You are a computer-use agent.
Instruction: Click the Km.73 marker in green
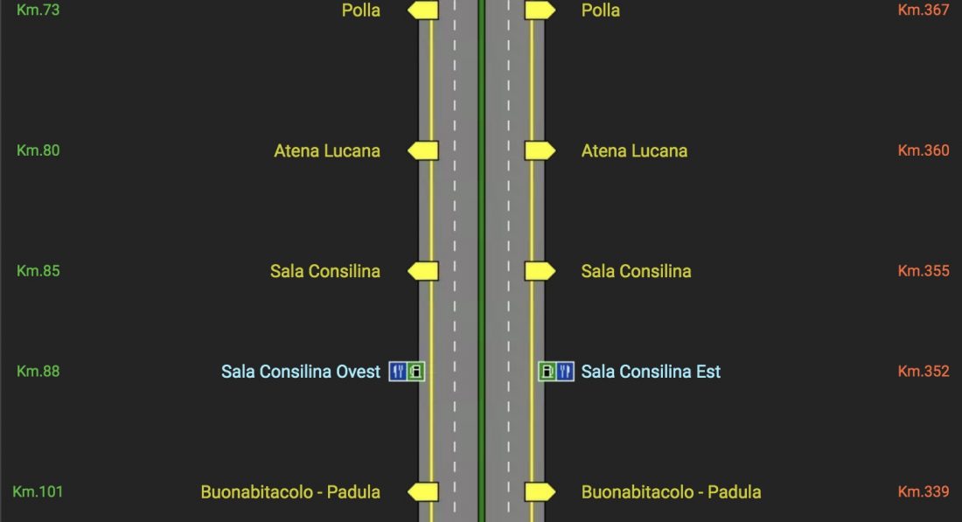click(x=38, y=10)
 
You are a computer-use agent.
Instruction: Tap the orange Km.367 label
click(x=924, y=10)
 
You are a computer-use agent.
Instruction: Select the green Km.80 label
click(x=38, y=150)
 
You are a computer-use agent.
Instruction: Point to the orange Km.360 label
click(x=924, y=150)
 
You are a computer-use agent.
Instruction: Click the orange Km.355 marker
click(x=924, y=271)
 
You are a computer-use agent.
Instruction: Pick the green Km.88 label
click(x=38, y=372)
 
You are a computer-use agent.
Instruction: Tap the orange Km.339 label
click(x=924, y=492)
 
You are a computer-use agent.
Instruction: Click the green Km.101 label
click(x=38, y=492)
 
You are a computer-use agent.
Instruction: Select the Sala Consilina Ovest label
click(x=301, y=372)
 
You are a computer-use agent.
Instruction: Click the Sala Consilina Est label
click(x=651, y=372)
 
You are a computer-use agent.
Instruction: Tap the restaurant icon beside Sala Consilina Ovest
click(x=398, y=372)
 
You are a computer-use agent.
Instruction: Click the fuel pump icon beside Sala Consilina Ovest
click(x=416, y=372)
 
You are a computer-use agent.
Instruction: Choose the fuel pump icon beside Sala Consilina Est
click(x=547, y=372)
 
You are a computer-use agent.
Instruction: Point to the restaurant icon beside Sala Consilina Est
click(x=565, y=372)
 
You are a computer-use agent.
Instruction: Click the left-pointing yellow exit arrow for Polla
click(x=423, y=10)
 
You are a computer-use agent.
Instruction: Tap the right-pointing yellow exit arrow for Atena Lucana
click(x=540, y=150)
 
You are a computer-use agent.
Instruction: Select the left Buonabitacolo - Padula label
click(x=290, y=492)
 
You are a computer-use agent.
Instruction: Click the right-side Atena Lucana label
click(x=634, y=150)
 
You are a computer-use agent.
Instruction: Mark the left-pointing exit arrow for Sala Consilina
click(x=423, y=271)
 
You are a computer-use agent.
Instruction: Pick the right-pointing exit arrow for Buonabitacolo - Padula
click(x=540, y=492)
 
